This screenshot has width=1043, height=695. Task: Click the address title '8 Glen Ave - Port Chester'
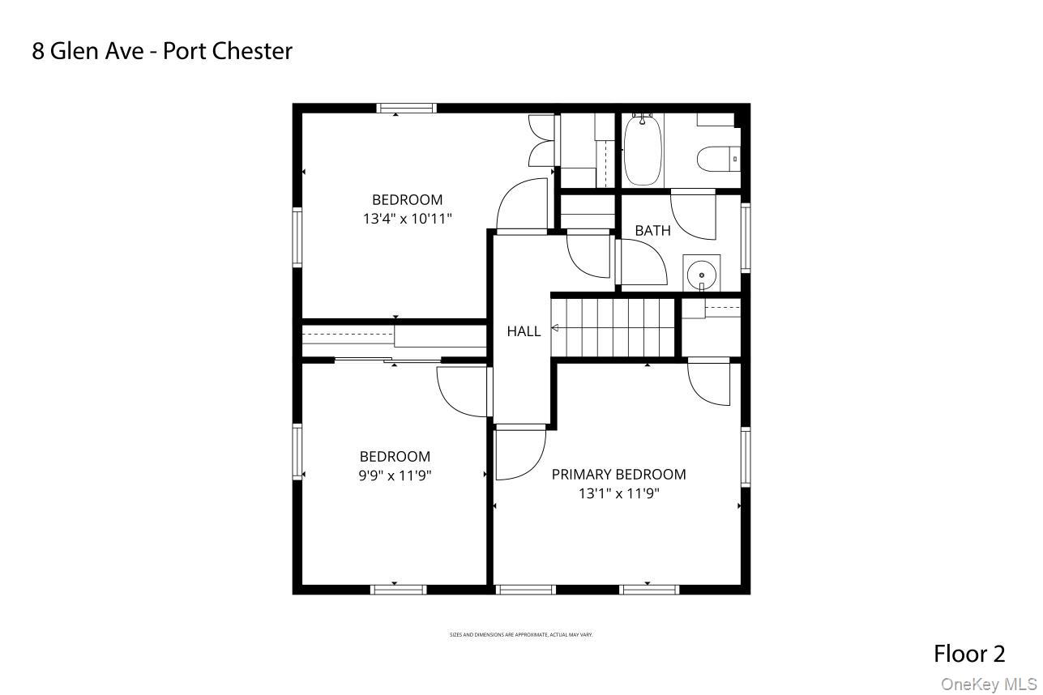click(162, 51)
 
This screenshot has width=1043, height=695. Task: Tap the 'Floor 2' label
click(969, 653)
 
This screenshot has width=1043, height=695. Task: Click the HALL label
click(524, 330)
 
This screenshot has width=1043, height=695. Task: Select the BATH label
click(652, 231)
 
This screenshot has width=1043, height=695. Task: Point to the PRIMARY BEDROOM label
click(618, 475)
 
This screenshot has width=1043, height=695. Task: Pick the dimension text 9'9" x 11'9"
click(395, 475)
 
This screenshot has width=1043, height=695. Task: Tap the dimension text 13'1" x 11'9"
click(618, 493)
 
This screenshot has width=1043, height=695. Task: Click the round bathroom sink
click(701, 275)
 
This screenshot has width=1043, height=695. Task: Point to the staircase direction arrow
click(557, 328)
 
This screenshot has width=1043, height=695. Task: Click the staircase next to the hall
click(614, 327)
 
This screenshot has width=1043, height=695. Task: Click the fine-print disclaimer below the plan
click(521, 634)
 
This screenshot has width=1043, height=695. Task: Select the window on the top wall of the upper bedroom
click(407, 108)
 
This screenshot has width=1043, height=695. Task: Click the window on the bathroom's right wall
click(746, 237)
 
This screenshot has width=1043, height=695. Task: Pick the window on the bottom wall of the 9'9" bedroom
click(398, 589)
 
